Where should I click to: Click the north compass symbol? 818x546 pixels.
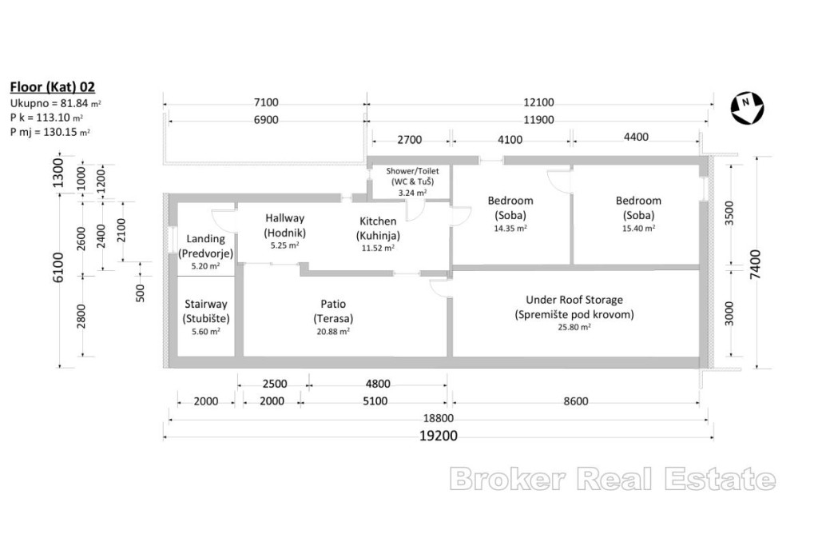747,108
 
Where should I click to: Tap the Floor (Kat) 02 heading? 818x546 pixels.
52,86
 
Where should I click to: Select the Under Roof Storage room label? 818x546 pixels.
574,307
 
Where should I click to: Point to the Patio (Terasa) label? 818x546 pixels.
333,311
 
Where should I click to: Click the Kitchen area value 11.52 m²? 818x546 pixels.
378,248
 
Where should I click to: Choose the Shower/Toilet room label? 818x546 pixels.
412,176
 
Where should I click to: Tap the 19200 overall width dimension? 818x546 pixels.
439,436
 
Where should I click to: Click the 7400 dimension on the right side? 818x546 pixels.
756,264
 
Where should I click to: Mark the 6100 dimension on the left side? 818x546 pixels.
58,267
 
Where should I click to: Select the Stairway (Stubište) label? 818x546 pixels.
205,311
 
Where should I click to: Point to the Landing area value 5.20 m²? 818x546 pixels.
205,265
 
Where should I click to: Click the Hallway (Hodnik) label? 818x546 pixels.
284,225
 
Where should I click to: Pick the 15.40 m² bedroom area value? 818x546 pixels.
638,228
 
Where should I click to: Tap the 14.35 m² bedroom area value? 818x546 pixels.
510,228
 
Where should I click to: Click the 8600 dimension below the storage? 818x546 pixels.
575,401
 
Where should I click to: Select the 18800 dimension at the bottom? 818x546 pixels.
439,418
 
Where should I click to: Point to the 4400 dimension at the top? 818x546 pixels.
636,137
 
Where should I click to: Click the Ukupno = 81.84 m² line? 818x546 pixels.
55,103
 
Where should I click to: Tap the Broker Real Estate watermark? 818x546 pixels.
613,479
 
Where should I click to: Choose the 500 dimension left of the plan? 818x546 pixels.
141,293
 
